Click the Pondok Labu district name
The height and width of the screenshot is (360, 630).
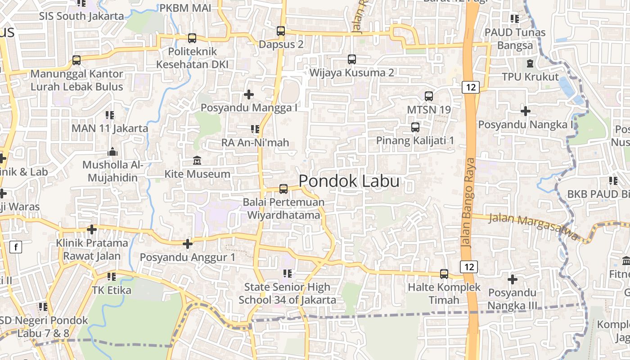point(349,181)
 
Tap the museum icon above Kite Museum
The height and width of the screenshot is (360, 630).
point(197,161)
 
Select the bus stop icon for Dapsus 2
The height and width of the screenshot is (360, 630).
point(281,31)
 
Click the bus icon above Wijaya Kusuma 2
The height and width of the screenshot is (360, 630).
point(352,59)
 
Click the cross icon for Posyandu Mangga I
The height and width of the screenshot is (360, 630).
point(248,94)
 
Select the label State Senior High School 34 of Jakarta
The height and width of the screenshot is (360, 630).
point(287,293)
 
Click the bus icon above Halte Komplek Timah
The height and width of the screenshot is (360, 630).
point(444,274)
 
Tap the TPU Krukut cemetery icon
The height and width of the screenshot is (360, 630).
point(530,63)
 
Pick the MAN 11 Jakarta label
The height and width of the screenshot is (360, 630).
point(110,128)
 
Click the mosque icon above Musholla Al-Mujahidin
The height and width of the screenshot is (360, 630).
point(112,152)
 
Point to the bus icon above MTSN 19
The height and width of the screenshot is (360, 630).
point(429,96)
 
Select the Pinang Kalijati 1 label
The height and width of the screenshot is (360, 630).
point(415,140)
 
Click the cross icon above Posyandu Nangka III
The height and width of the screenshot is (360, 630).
point(512,279)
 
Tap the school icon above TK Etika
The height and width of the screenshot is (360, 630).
point(111,276)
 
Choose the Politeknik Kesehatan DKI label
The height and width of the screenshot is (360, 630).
point(192,58)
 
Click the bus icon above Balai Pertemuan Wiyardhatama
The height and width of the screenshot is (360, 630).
point(283,189)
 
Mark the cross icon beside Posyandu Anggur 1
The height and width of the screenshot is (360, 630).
point(188,244)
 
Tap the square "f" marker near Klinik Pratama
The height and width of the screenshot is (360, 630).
point(16,247)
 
